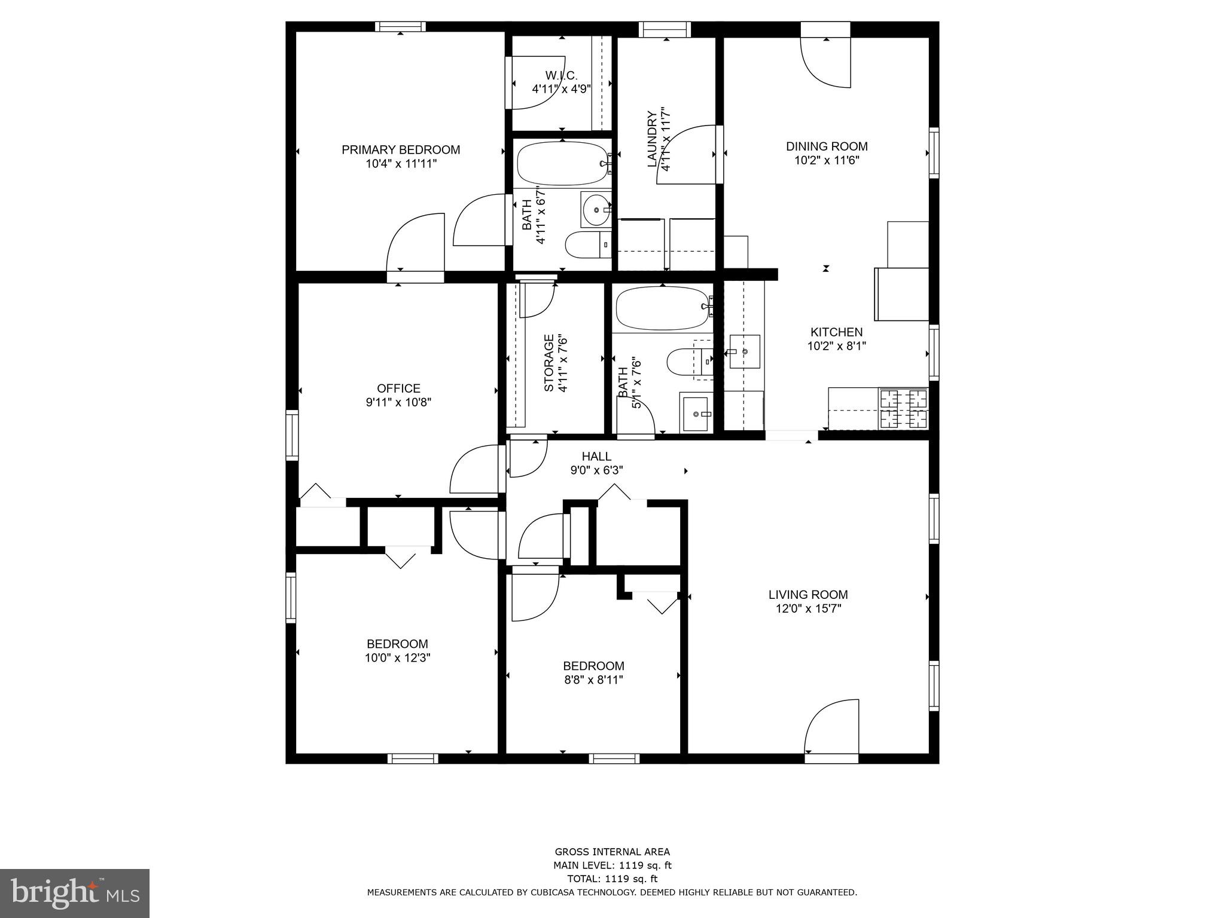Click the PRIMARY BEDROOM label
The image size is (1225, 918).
(x=401, y=149)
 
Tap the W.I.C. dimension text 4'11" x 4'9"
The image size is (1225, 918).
(x=561, y=90)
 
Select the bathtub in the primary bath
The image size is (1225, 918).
(x=562, y=164)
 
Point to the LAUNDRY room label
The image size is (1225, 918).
(x=652, y=139)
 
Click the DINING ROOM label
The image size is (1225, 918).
(x=827, y=146)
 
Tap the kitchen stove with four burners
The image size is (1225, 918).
(x=903, y=408)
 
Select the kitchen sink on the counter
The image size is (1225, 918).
(x=745, y=351)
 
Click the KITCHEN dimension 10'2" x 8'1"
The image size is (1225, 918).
(x=836, y=345)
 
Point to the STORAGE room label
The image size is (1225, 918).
(x=548, y=363)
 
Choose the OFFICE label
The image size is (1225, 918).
(x=398, y=388)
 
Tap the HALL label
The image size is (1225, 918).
(x=596, y=457)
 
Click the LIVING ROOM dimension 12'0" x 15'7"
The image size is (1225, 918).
(x=808, y=608)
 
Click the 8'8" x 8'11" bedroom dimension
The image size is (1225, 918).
(x=593, y=680)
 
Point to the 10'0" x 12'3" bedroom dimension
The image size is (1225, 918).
(x=397, y=658)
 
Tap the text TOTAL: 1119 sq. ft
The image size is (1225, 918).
(x=612, y=879)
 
